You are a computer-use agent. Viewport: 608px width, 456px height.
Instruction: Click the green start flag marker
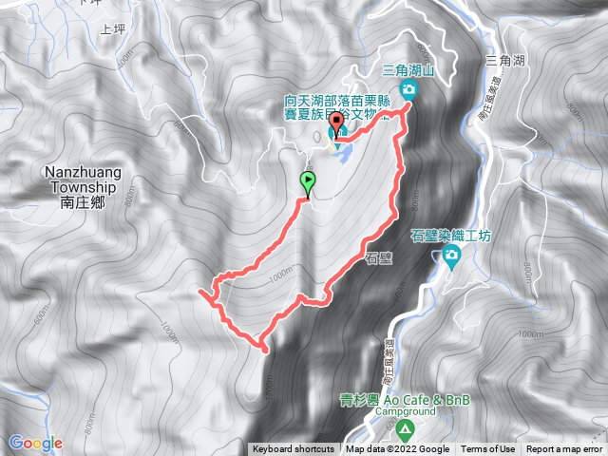point(308,181)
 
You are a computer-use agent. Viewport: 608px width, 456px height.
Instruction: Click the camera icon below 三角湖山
point(409,90)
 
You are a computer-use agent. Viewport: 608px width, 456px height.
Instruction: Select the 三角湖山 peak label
point(408,70)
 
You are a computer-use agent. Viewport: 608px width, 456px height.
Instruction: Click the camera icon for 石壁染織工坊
point(450,254)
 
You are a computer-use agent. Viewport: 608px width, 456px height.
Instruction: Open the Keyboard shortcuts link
point(294,449)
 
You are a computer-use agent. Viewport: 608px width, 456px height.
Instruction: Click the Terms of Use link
point(488,449)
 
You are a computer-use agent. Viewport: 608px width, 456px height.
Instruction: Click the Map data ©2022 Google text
point(397,449)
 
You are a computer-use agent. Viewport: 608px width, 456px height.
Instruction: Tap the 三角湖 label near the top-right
point(503,61)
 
